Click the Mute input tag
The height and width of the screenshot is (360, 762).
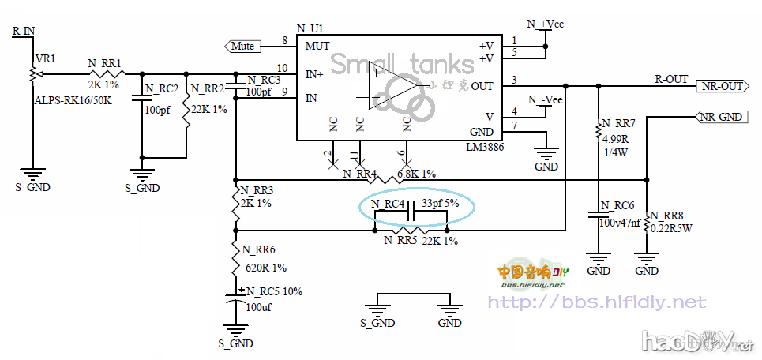click(242, 46)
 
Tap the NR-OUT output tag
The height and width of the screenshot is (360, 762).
click(722, 86)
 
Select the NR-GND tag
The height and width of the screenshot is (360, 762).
click(721, 117)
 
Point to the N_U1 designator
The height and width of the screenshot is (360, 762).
click(310, 28)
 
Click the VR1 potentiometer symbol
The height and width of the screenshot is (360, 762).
click(32, 74)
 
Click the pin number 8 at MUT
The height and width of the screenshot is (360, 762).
click(284, 40)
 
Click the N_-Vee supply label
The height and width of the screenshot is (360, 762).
click(544, 99)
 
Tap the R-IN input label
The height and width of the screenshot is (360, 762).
click(24, 32)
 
